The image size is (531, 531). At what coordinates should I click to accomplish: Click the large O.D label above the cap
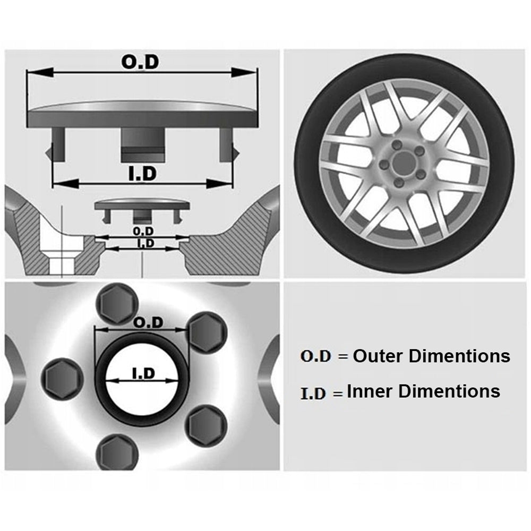click(x=140, y=62)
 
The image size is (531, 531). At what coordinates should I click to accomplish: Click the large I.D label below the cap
click(x=142, y=174)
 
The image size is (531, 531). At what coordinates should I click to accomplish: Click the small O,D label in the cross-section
click(x=143, y=232)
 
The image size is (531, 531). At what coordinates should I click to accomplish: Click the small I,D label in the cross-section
click(x=145, y=243)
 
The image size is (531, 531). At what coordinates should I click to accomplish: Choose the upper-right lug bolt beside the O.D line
click(x=208, y=333)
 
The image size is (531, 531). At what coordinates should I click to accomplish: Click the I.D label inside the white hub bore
click(x=142, y=374)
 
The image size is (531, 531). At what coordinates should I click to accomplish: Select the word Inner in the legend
click(x=370, y=391)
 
